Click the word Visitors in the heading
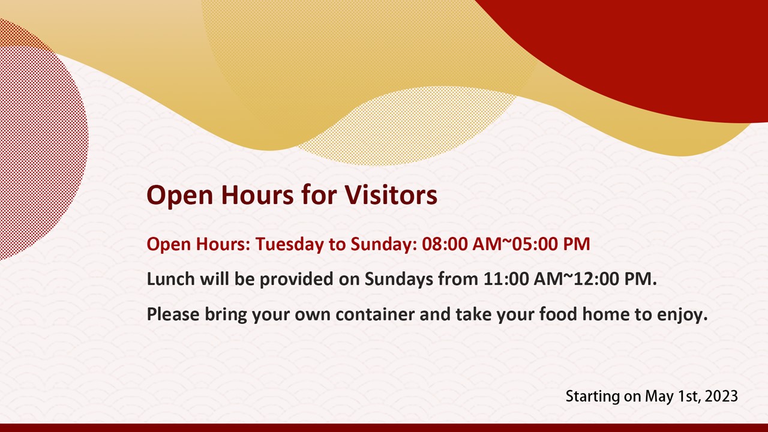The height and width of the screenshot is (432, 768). [391, 195]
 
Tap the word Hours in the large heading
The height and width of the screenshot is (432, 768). [257, 195]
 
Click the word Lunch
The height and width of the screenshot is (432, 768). [171, 278]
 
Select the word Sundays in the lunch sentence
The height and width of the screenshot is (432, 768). [399, 280]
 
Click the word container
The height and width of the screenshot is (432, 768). [375, 314]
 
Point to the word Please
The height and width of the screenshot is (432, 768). [173, 314]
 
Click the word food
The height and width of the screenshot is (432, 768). [558, 314]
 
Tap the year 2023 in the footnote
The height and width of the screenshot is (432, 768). [721, 397]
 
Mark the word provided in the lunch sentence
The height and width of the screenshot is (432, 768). [296, 279]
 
